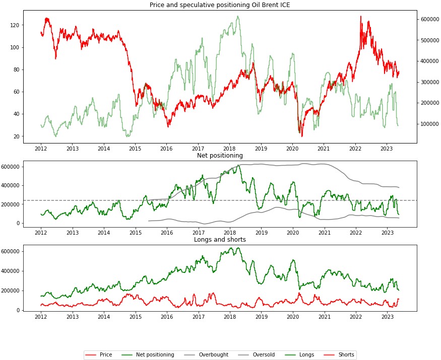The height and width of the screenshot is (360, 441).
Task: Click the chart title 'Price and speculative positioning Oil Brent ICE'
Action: pyautogui.click(x=220, y=5)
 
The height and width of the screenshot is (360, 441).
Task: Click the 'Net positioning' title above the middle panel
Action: pyautogui.click(x=220, y=156)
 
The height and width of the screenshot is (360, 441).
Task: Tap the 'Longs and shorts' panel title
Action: pyautogui.click(x=220, y=240)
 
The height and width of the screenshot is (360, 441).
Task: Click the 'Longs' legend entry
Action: pyautogui.click(x=306, y=355)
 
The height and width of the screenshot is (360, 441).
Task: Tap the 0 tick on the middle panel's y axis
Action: pyautogui.click(x=18, y=223)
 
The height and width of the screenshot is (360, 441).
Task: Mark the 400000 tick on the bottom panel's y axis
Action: pyautogui.click(x=10, y=271)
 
